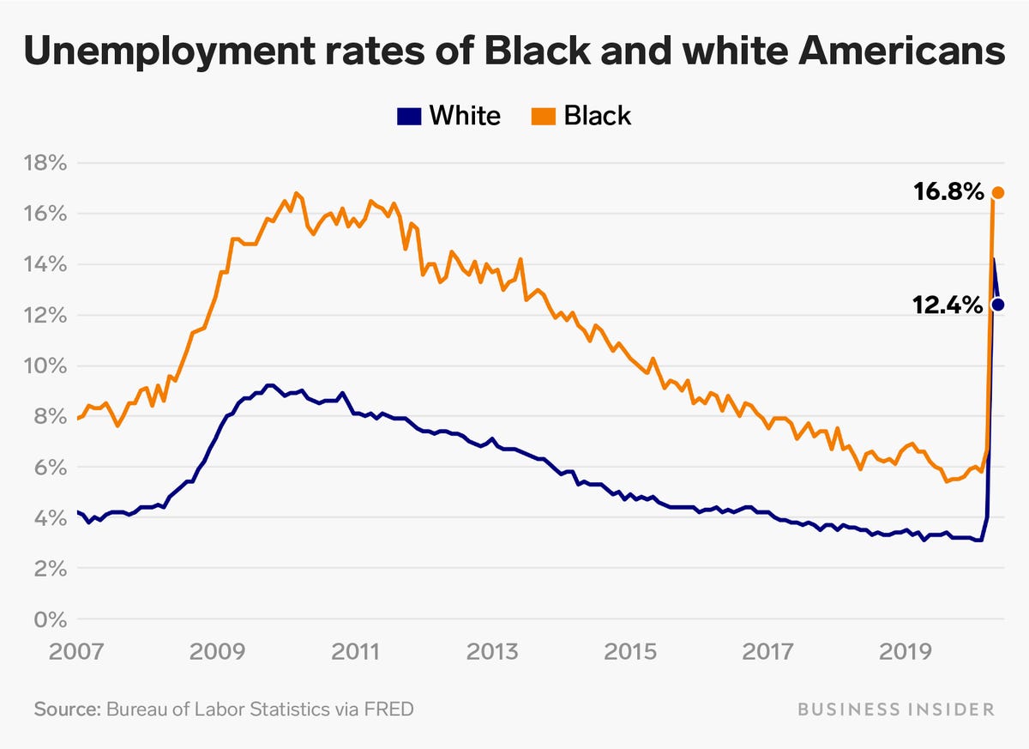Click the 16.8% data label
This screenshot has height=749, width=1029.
point(948,192)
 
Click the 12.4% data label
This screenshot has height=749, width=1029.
point(948,304)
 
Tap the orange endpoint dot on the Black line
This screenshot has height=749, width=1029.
point(998,192)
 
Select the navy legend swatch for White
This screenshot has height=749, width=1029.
point(408,116)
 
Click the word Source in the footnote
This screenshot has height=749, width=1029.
point(66,710)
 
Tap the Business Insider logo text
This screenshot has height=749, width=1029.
point(896,710)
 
